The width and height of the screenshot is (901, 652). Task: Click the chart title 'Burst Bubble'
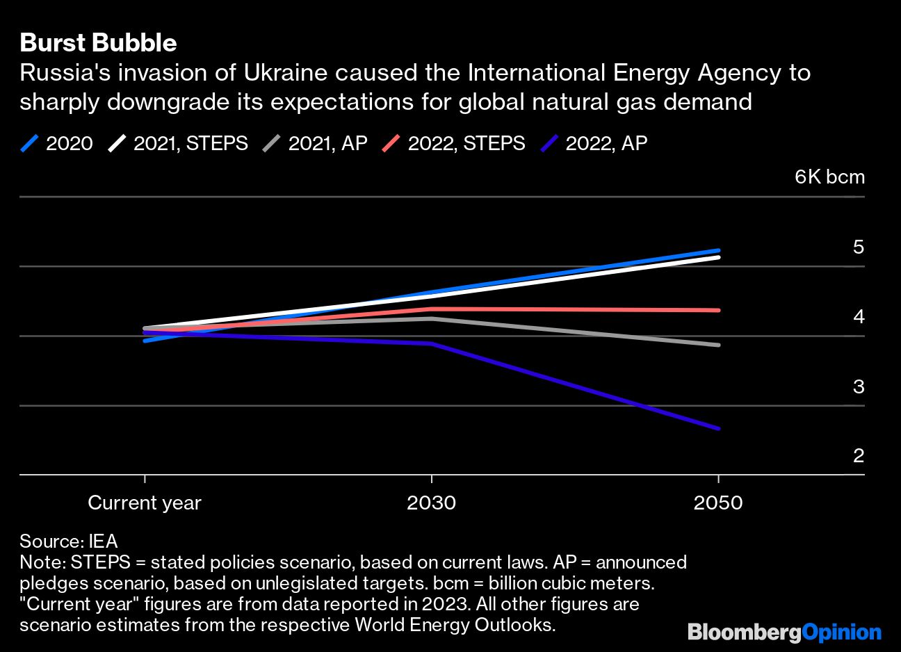[98, 43]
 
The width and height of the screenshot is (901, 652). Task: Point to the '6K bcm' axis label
[829, 177]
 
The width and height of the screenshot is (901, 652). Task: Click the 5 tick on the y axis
[858, 247]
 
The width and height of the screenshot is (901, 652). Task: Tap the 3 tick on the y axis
[858, 386]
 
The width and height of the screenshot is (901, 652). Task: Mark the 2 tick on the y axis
[858, 456]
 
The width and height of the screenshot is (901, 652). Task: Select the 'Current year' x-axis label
[145, 503]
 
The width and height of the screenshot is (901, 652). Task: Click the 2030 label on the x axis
[431, 503]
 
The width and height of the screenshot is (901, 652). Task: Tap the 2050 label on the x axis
[717, 503]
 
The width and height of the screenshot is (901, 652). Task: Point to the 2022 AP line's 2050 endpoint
[718, 428]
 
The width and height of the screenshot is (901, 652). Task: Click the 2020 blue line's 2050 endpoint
[718, 250]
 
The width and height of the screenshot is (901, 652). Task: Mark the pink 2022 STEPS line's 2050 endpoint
[718, 310]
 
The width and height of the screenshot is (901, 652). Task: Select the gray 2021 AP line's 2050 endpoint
[718, 345]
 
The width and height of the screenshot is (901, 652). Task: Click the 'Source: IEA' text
[68, 541]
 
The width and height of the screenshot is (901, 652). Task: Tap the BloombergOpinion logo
[784, 632]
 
